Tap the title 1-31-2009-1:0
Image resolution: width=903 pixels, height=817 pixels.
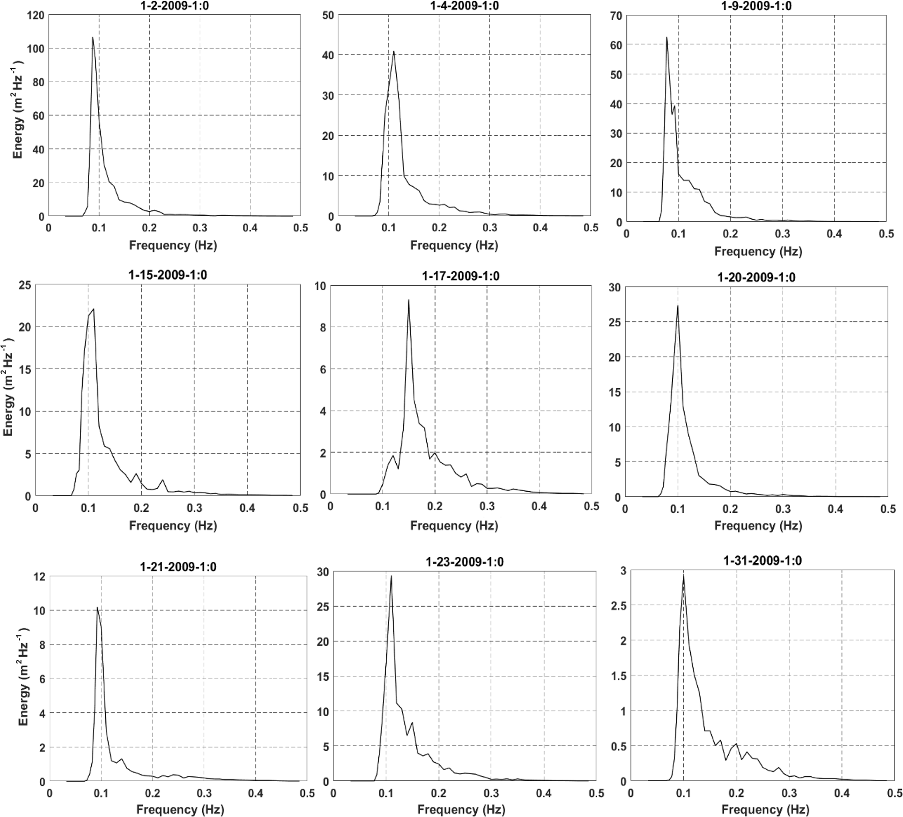[x=762, y=561]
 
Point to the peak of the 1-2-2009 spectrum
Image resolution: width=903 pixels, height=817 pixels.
[x=93, y=37]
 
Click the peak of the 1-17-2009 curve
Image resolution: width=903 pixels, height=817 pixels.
[x=408, y=300]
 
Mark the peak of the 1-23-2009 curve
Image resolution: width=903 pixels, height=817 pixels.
[x=391, y=576]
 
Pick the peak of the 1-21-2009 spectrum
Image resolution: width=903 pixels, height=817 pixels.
[x=97, y=607]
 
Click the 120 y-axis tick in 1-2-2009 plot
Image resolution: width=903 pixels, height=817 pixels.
[x=36, y=15]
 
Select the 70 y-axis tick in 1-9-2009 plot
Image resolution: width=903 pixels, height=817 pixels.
[x=616, y=16]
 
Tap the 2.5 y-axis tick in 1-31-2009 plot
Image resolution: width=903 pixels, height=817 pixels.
[x=619, y=606]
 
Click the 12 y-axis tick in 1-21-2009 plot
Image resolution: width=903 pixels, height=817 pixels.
[x=39, y=576]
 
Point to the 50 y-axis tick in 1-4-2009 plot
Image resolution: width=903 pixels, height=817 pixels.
[x=328, y=15]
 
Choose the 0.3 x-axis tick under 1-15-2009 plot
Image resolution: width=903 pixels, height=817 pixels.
[x=194, y=508]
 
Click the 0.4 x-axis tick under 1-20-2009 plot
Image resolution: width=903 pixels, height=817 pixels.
[x=835, y=509]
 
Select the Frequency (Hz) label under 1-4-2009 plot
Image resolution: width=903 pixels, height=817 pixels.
[x=454, y=245]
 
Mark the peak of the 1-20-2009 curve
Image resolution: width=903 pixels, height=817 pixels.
[x=678, y=306]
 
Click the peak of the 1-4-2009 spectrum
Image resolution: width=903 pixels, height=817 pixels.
[x=394, y=51]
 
